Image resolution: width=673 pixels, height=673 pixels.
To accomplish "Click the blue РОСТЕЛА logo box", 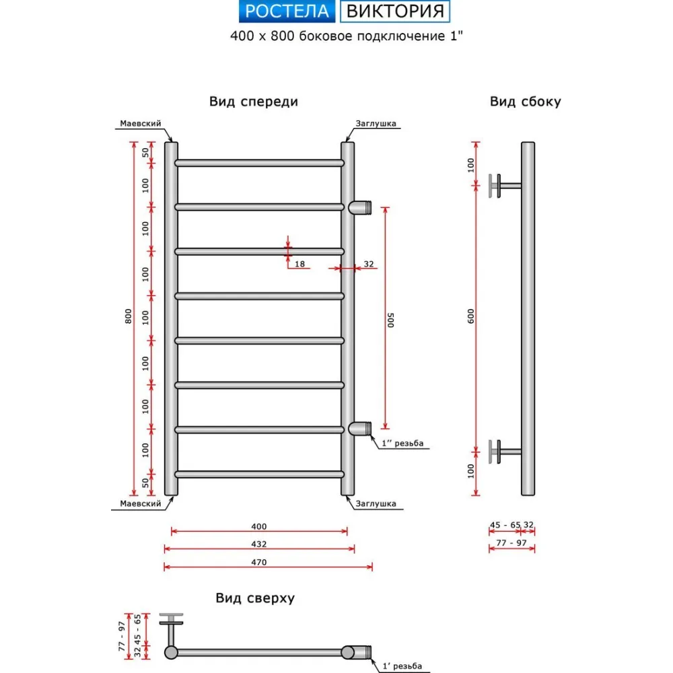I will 287,11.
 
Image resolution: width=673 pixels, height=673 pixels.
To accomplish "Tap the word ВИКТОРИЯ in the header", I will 395,11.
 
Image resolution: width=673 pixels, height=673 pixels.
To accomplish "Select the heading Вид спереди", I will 253,102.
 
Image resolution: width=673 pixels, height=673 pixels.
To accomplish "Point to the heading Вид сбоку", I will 525,102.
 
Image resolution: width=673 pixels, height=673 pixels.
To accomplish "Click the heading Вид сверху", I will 255,598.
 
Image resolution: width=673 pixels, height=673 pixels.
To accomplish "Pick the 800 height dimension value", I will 129,317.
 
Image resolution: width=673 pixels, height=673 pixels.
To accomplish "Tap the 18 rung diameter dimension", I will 300,264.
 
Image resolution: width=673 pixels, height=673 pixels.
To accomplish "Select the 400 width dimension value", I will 259,526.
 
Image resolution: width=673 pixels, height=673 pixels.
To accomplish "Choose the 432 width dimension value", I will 259,544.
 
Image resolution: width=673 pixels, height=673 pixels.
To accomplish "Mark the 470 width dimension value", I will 259,562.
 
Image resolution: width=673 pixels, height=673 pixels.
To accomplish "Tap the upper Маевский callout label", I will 140,124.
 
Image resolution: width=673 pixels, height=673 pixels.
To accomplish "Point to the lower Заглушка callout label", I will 376,503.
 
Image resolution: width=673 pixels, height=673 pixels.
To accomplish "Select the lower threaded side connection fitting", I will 361,428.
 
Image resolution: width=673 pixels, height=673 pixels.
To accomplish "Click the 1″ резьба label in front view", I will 402,444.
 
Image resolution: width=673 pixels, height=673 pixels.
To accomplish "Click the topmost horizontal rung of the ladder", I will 259,163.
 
